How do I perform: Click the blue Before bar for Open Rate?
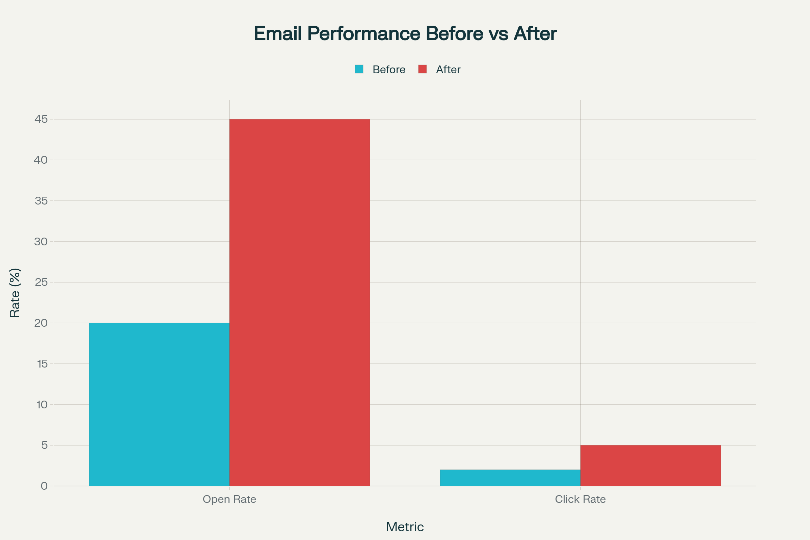(x=159, y=404)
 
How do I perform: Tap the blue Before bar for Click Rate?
(x=510, y=478)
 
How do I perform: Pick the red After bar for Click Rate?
(x=651, y=465)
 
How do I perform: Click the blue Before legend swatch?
(x=359, y=69)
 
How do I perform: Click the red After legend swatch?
(x=422, y=69)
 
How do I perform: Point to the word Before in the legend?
(x=389, y=70)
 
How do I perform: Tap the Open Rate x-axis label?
(x=230, y=499)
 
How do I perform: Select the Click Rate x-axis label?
(x=580, y=499)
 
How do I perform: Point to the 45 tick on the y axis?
(x=41, y=119)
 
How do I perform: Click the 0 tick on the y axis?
(x=44, y=486)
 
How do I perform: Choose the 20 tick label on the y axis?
(x=41, y=323)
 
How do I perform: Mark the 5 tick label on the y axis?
(x=45, y=445)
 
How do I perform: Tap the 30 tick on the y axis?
(x=41, y=241)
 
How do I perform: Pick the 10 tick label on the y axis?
(x=42, y=404)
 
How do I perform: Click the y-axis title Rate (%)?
(x=15, y=293)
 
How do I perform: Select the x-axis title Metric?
(x=405, y=527)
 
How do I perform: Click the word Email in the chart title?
(x=277, y=33)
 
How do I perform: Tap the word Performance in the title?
(x=364, y=33)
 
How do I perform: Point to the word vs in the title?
(x=498, y=33)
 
